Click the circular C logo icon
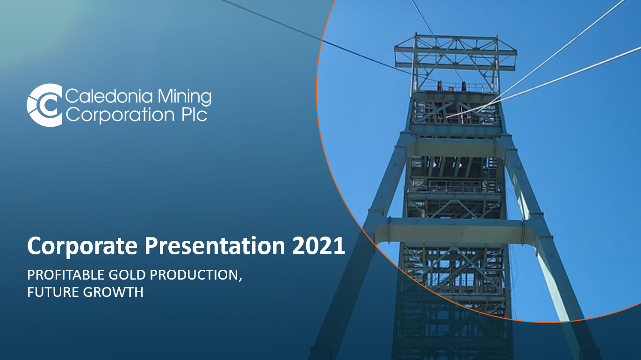45,105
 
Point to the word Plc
194,115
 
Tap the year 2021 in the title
318,246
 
